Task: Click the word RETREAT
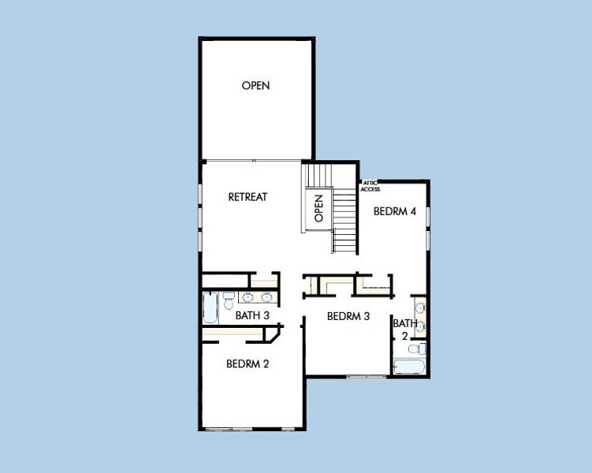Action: point(248,197)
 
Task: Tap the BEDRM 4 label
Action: point(394,211)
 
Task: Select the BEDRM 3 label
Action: point(348,317)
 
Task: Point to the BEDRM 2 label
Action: point(248,364)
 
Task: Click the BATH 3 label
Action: point(252,316)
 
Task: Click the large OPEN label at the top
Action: point(255,86)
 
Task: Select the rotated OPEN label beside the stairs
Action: point(319,208)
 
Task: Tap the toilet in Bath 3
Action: point(228,299)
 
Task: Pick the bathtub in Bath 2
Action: point(409,367)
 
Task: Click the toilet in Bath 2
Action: point(422,348)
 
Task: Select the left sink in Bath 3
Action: point(248,297)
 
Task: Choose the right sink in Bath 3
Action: point(267,297)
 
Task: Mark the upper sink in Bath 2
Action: point(420,306)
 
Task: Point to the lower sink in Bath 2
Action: point(420,325)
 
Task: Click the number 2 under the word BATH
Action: point(405,335)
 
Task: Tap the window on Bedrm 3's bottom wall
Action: point(362,377)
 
